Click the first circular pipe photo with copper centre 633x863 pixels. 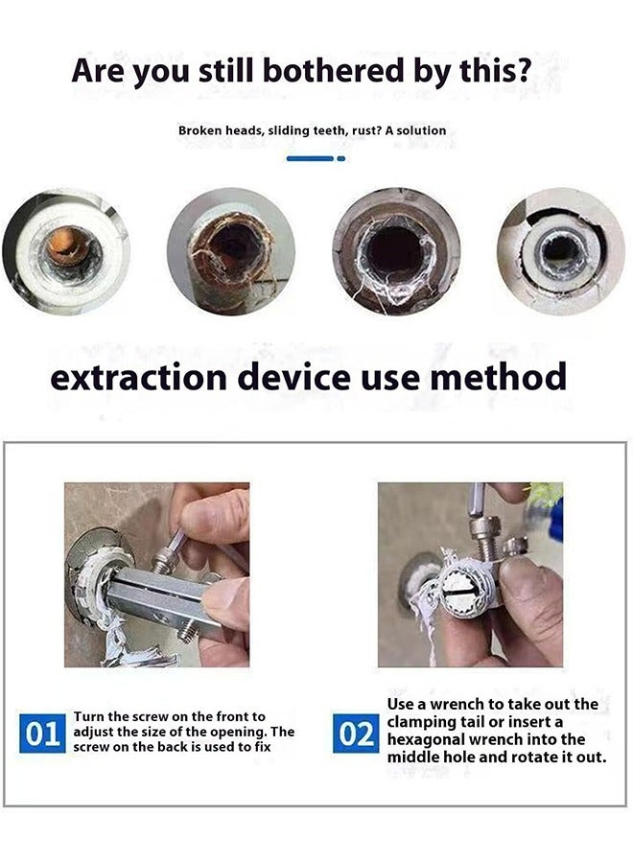click(64, 252)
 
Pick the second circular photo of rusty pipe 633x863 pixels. click(230, 252)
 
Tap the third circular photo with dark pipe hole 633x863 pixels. click(396, 252)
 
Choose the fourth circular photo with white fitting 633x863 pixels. click(561, 251)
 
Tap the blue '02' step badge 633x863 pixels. click(356, 735)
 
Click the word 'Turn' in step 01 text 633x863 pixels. click(90, 716)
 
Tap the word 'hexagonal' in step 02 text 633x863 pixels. click(430, 739)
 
